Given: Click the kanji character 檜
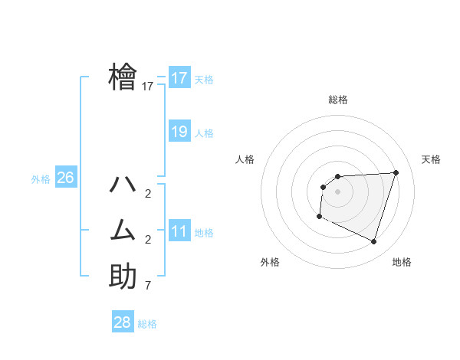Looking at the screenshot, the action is tap(123, 77).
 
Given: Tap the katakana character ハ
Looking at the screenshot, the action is tap(123, 185).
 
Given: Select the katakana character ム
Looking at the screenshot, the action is tap(123, 230).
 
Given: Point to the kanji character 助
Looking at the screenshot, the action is tap(123, 276).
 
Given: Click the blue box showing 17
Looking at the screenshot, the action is tap(179, 78).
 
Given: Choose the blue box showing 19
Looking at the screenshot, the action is tap(179, 132).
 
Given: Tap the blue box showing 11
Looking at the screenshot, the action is tap(179, 231).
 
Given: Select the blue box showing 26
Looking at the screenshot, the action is tap(65, 178).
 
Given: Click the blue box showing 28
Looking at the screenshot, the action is tap(123, 322).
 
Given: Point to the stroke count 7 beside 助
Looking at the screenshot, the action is tap(147, 286).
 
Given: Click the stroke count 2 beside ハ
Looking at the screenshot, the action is tap(147, 194).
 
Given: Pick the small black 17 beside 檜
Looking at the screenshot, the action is tap(148, 87).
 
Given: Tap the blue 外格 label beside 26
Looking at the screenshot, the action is tap(41, 179).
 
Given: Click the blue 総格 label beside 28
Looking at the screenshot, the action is tap(147, 324).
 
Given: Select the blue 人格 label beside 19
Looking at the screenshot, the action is tap(204, 133).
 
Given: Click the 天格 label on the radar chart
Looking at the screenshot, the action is tap(431, 159).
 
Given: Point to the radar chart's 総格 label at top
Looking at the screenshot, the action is tap(337, 100).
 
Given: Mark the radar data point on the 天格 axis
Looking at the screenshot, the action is tap(396, 172).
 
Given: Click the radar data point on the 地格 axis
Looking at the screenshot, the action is tap(373, 242).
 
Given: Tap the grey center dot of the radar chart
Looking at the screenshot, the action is tap(337, 191).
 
